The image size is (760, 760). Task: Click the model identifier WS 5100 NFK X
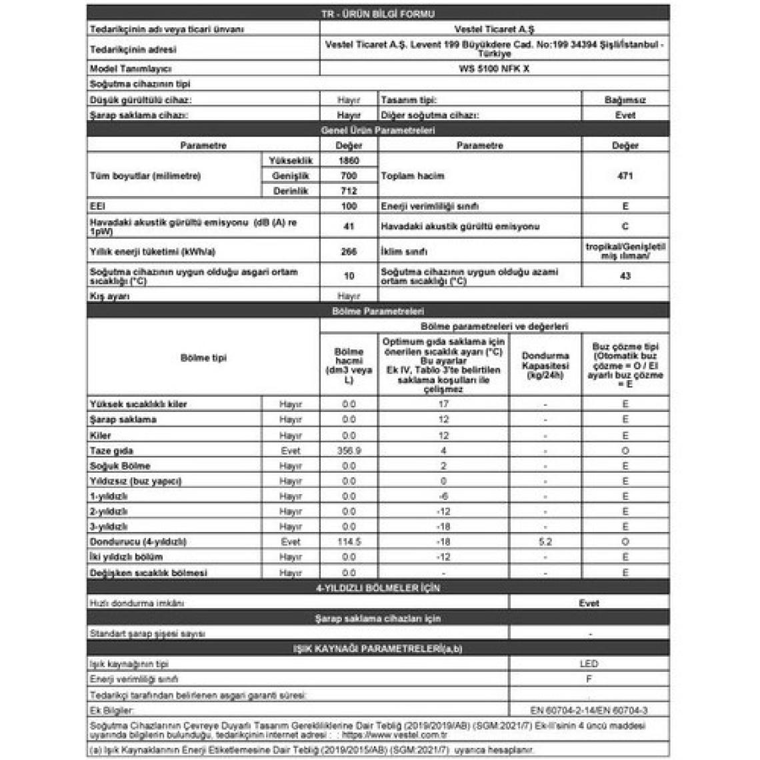coord(494,69)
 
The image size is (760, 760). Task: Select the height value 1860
coord(349,161)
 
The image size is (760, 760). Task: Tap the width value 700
coord(349,176)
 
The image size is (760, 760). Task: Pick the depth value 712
coord(349,191)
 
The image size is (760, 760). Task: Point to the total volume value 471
coord(625,176)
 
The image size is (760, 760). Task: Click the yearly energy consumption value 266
coord(349,252)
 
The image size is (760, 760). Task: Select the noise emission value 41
coord(349,227)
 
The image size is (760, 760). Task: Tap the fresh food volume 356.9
coord(349,451)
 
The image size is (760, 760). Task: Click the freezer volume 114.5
coord(349,542)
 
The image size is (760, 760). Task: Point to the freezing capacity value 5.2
coord(545,542)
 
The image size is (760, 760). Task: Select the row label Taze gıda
coord(111,451)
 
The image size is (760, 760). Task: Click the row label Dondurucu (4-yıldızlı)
coord(138,542)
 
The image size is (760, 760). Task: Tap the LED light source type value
coord(589,664)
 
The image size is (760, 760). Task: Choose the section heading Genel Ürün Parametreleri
coord(378,131)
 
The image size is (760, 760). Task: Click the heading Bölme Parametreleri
coord(378,311)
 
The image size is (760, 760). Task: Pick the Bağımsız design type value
coord(625,100)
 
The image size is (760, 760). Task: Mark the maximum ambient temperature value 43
coord(625,276)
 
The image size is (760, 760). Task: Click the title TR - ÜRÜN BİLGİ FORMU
coord(378,14)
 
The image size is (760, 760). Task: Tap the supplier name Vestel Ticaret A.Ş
coord(494,29)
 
